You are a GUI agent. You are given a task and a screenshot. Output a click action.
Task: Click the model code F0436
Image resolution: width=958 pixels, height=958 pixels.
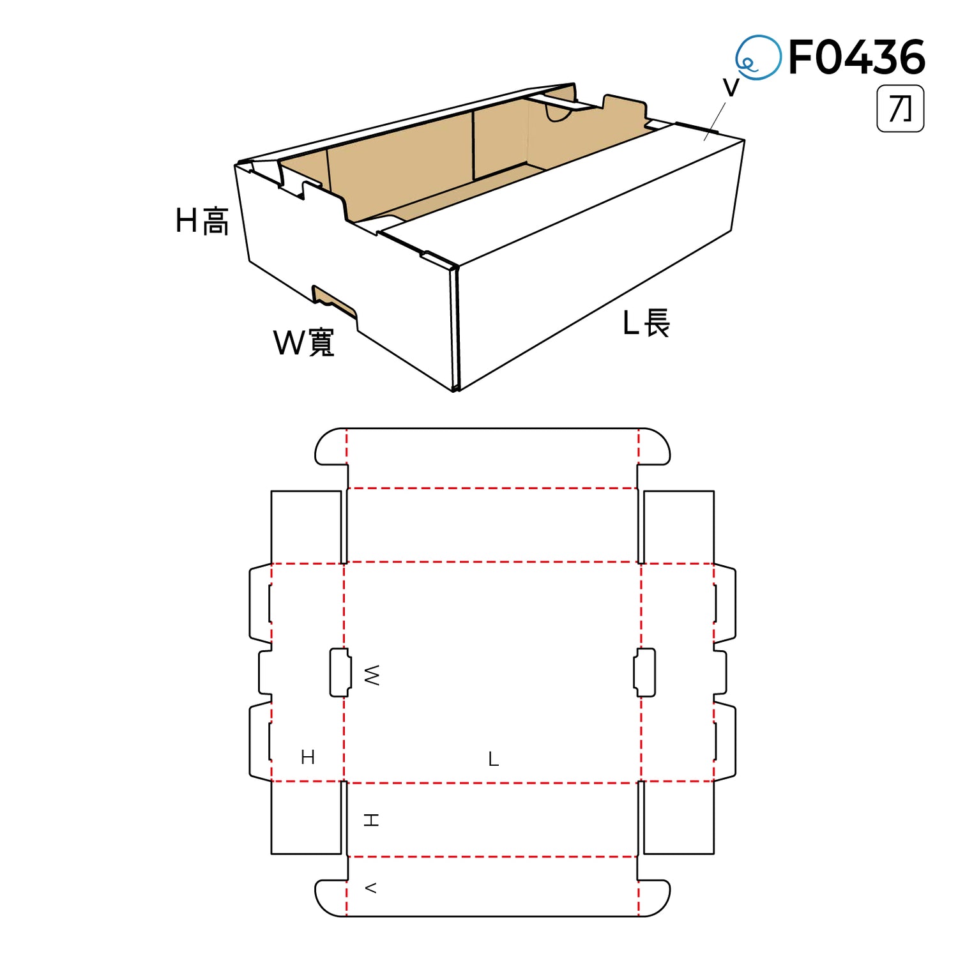pyautogui.click(x=857, y=57)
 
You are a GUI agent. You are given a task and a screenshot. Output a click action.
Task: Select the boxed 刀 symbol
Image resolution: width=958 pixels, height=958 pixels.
pyautogui.click(x=901, y=109)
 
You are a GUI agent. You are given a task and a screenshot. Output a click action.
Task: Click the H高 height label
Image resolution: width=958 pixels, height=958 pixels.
pyautogui.click(x=202, y=221)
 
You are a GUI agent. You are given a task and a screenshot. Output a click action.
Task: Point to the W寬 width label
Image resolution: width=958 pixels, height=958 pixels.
pyautogui.click(x=304, y=342)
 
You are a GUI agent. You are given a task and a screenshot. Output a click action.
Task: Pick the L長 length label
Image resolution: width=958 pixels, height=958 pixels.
pyautogui.click(x=646, y=323)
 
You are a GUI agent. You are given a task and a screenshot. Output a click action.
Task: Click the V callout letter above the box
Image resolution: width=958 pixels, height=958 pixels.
pyautogui.click(x=731, y=87)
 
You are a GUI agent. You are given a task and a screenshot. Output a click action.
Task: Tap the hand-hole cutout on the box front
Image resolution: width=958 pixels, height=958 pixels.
pyautogui.click(x=335, y=301)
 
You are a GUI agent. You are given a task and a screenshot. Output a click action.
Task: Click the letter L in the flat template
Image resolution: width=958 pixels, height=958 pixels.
pyautogui.click(x=493, y=759)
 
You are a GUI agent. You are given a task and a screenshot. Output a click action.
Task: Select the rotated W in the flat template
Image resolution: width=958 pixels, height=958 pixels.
pyautogui.click(x=372, y=675)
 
